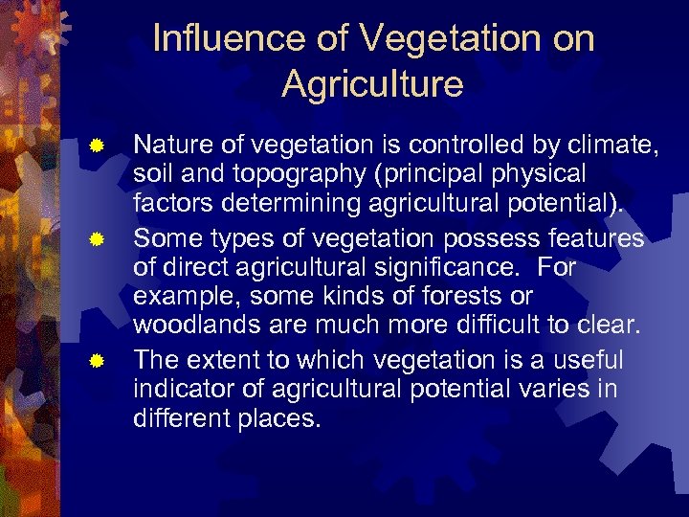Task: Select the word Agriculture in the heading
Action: pos(373,84)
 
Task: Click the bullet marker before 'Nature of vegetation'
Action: pos(96,146)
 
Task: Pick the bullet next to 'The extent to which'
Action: pos(96,362)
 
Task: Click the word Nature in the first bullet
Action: pos(170,146)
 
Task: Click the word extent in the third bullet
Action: pos(228,360)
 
